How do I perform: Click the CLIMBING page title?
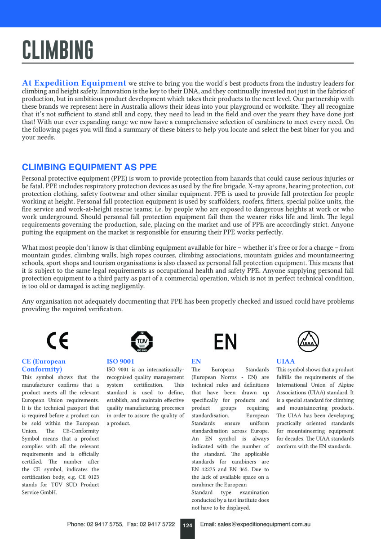click(x=58, y=50)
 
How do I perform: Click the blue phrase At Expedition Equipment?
click(x=74, y=83)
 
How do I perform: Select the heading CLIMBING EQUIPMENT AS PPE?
click(x=89, y=168)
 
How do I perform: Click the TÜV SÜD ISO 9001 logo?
click(x=142, y=342)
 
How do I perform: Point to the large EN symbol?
click(x=225, y=342)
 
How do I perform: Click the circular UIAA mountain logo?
click(x=309, y=342)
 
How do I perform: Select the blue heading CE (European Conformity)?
click(x=44, y=365)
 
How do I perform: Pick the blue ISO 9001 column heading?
click(x=120, y=361)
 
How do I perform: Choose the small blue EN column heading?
click(x=196, y=361)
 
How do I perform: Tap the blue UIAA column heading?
click(x=286, y=361)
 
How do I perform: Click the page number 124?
click(x=187, y=525)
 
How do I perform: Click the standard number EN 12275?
click(x=205, y=469)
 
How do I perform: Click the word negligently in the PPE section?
click(x=126, y=286)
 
